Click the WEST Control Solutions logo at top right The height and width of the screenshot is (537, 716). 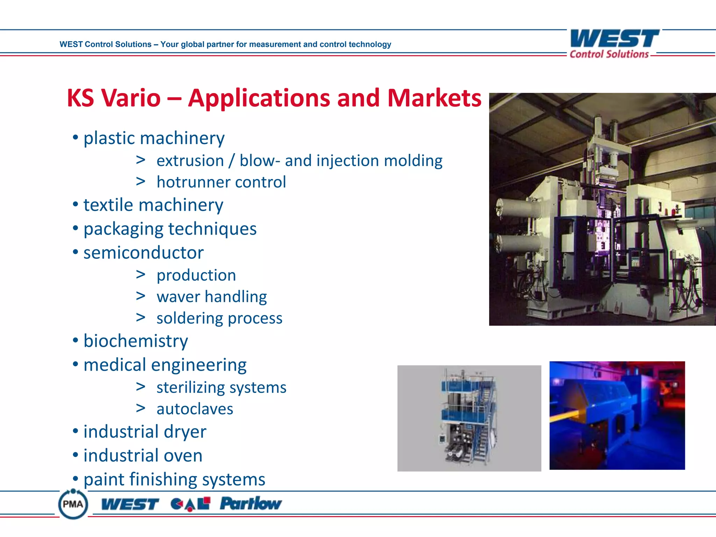pyautogui.click(x=614, y=43)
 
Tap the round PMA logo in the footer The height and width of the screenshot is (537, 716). pyautogui.click(x=73, y=504)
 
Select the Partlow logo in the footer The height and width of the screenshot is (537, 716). pyautogui.click(x=250, y=504)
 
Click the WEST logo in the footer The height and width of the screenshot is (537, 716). pyautogui.click(x=130, y=504)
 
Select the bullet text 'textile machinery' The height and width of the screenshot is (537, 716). pyautogui.click(x=153, y=205)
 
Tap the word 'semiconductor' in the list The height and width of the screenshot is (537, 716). pyautogui.click(x=143, y=253)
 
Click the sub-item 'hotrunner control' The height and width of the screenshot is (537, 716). pyautogui.click(x=221, y=182)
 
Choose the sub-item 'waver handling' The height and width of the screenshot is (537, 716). pyautogui.click(x=212, y=297)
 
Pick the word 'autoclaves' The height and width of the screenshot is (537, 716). pyautogui.click(x=195, y=409)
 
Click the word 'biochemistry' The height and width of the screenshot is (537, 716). pyautogui.click(x=136, y=341)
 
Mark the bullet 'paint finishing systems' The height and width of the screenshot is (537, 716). pyautogui.click(x=174, y=479)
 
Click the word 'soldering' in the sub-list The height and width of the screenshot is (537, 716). pyautogui.click(x=189, y=318)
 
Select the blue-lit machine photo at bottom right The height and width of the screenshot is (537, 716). pyautogui.click(x=617, y=415)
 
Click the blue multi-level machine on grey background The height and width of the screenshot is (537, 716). pyautogui.click(x=468, y=418)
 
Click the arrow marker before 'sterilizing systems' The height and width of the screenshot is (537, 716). pyautogui.click(x=141, y=387)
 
